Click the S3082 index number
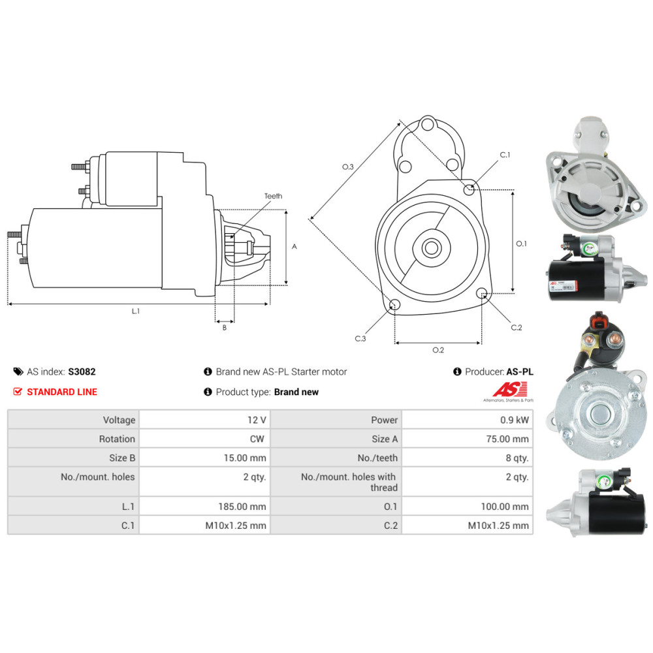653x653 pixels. click(82, 372)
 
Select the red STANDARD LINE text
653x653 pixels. click(62, 392)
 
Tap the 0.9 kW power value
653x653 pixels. click(515, 420)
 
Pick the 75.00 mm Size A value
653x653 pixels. click(507, 439)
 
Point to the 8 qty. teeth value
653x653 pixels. click(517, 458)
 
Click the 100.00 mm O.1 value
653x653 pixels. click(504, 507)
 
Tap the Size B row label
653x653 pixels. click(122, 458)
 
